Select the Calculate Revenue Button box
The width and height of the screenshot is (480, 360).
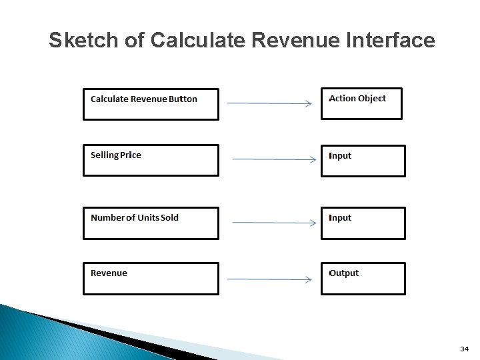coord(151,105)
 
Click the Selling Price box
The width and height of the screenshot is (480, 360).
coord(151,161)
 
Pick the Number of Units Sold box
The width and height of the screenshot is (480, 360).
coord(151,223)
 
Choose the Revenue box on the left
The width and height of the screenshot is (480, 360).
coord(151,279)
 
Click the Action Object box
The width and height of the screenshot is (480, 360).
coord(362,104)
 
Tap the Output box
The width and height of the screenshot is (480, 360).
coord(363,279)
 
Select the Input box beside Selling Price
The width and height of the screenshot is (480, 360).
coord(363,161)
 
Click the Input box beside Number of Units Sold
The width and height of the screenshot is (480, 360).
coord(363,223)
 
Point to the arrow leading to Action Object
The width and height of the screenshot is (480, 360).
coord(269,103)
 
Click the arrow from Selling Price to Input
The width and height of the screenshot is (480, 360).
coord(273,159)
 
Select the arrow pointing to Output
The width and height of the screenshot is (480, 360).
coord(269,279)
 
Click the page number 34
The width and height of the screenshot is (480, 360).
coord(464,349)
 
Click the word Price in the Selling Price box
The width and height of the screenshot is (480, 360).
coord(131,155)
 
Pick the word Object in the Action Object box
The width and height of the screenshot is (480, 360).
coord(372,99)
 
